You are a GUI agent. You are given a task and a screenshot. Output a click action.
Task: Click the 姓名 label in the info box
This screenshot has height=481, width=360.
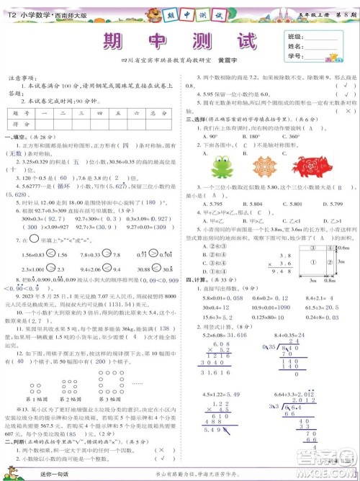(294, 46)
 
